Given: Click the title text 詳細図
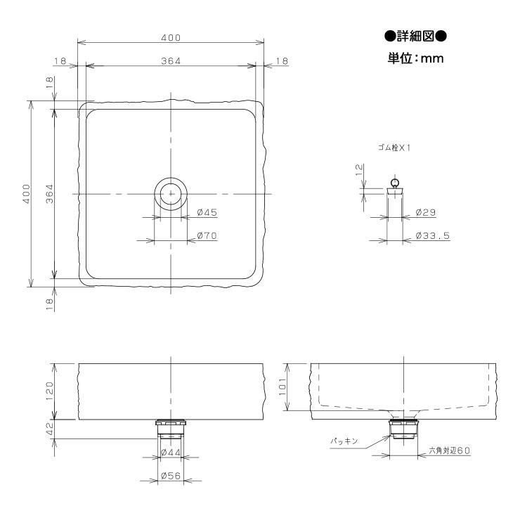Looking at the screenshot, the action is (415, 36).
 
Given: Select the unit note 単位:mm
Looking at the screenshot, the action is (415, 58).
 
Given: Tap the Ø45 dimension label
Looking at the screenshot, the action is (207, 212).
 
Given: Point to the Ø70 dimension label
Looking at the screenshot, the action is (207, 236).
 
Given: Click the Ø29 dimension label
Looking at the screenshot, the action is (425, 212).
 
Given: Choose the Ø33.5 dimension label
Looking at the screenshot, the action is (433, 236).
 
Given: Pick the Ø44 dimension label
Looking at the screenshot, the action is (171, 453).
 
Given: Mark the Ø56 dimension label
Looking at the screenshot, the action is (171, 476).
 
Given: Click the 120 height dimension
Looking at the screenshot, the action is (49, 391).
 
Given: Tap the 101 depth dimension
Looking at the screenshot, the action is (282, 387).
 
